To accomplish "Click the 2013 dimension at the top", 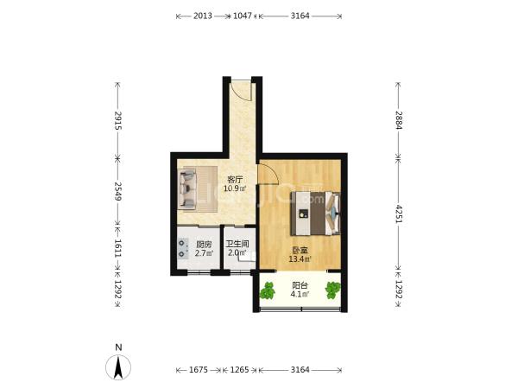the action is [203, 16].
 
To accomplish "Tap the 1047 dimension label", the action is [243, 16].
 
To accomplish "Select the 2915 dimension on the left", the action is [118, 121].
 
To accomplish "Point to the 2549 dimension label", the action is [118, 191].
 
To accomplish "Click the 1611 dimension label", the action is [118, 248].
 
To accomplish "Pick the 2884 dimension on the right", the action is [399, 120].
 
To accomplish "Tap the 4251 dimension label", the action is [399, 214].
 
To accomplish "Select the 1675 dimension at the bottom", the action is [199, 369].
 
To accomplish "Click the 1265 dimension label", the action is [239, 369].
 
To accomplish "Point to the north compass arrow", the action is [118, 367].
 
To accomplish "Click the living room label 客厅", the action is [235, 180].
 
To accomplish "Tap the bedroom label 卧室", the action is [300, 251].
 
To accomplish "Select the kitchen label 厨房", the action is [204, 245].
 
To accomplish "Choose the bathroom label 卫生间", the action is [237, 244].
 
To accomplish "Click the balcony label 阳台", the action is [300, 285].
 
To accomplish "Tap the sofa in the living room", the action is [187, 188].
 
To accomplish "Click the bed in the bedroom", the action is [315, 214].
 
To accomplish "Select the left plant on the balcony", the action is [268, 290].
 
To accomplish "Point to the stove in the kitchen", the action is [182, 248].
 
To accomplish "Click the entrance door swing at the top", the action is [241, 90].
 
